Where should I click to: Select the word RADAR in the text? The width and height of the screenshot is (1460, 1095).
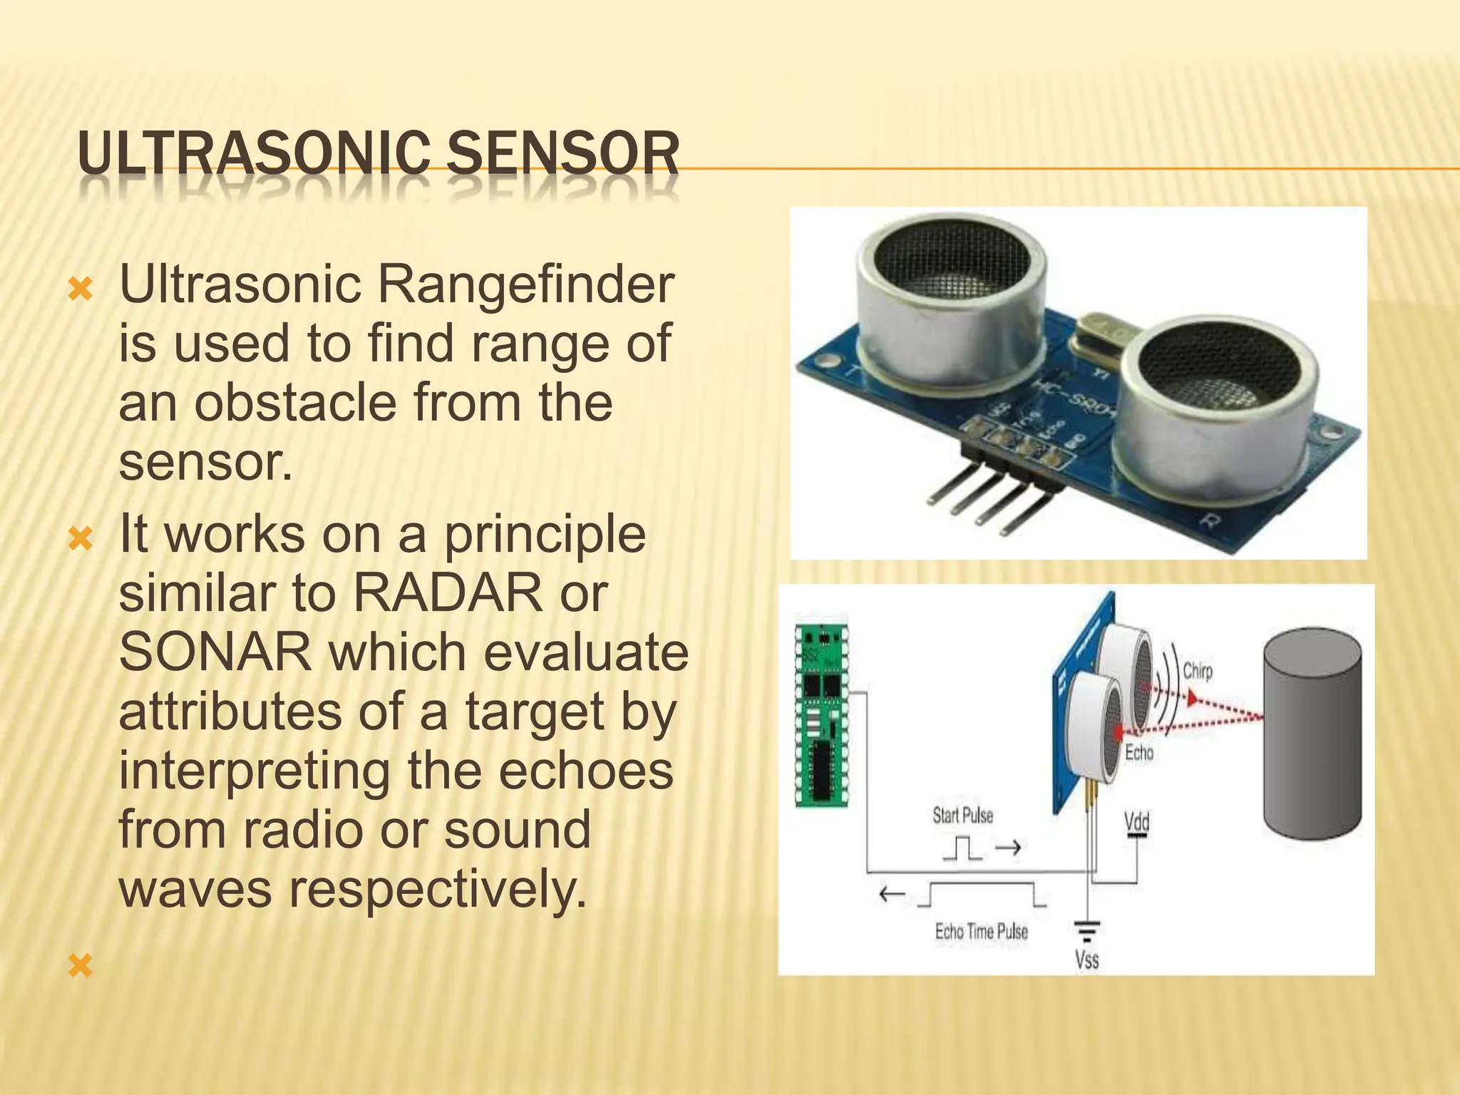point(448,593)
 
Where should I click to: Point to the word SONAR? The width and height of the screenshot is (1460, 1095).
point(215,652)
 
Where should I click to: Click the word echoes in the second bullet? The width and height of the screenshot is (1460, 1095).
point(585,771)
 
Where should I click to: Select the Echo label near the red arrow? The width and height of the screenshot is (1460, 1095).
point(1138,753)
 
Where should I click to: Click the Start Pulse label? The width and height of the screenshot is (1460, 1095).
point(962,816)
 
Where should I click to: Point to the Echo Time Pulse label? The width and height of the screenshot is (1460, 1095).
point(981,932)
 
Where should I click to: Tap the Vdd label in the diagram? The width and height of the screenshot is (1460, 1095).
point(1136,822)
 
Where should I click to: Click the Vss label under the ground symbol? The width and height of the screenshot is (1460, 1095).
point(1086,960)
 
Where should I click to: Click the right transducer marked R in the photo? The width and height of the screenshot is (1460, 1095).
point(1212,406)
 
